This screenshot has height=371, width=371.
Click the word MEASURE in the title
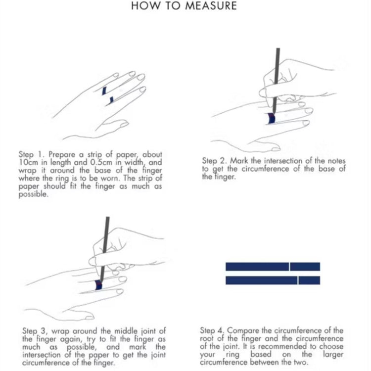pos(211,5)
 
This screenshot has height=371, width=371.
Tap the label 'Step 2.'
pos(215,161)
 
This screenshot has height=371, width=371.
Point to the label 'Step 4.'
pos(212,330)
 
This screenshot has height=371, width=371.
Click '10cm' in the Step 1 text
pos(28,162)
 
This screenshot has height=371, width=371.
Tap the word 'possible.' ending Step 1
pos(33,194)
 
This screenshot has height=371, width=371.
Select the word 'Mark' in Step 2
pos(239,161)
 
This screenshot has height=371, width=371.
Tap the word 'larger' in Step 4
pos(333,355)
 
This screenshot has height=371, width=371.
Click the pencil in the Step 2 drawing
pos(276,81)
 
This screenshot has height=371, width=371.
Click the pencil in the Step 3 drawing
pos(104,249)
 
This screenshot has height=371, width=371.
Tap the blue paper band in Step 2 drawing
pos(271,118)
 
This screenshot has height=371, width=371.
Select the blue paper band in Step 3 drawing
pos(98,285)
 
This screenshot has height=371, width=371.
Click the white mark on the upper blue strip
pos(289,267)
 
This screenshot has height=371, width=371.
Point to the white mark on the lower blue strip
pos(298,280)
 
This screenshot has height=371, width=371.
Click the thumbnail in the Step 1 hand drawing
pos(124,124)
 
